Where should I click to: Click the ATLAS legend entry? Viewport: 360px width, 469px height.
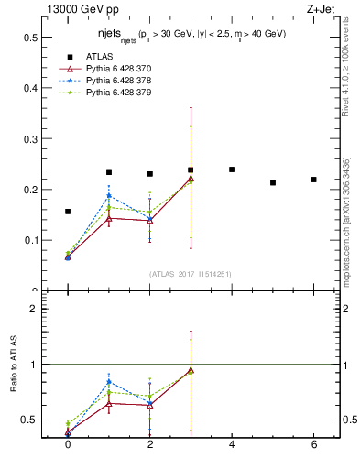coord(100,57)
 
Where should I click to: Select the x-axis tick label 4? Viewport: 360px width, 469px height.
coord(232,445)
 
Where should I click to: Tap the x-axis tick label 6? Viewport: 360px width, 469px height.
coord(313,445)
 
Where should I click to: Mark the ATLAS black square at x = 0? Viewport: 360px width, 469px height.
coord(68,212)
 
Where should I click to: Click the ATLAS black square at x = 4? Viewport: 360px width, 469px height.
coord(232,169)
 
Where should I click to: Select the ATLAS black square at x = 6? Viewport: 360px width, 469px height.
coord(313,180)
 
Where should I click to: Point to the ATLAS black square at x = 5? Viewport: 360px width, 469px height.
coord(273,182)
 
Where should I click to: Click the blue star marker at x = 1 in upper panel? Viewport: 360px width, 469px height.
coord(109,196)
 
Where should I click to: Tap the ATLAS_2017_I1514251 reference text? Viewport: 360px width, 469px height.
coord(190,273)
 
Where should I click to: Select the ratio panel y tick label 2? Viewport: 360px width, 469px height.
coord(35,309)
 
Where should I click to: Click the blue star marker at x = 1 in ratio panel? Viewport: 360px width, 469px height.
coord(109,382)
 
